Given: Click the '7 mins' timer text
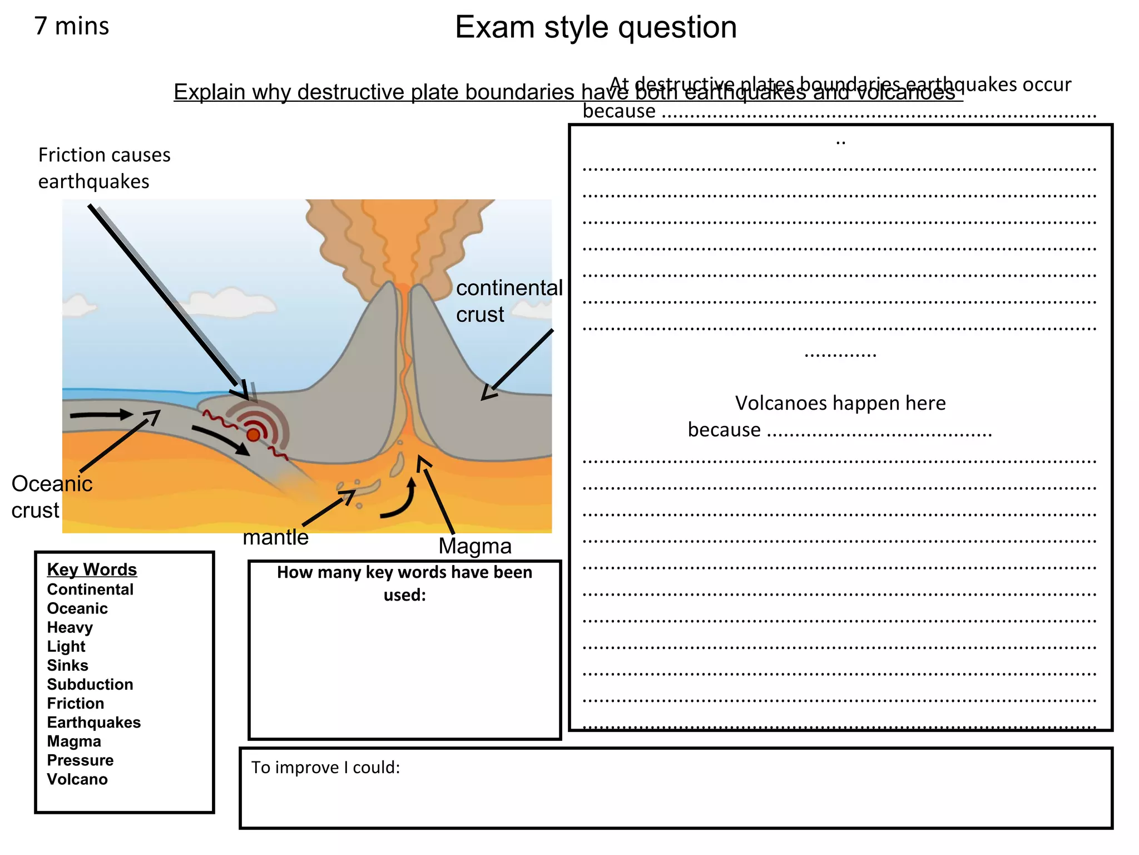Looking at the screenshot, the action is pyautogui.click(x=72, y=26).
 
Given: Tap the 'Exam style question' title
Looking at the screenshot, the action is pyautogui.click(x=596, y=27).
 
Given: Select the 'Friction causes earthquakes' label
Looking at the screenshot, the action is pyautogui.click(x=104, y=168).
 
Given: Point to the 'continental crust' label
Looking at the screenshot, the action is pyautogui.click(x=509, y=301).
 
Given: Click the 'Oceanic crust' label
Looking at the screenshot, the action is pyautogui.click(x=51, y=497).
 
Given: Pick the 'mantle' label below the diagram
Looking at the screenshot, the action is pyautogui.click(x=275, y=537).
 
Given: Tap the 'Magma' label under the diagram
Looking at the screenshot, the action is pyautogui.click(x=474, y=546).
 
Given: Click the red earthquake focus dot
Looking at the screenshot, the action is pyautogui.click(x=254, y=435).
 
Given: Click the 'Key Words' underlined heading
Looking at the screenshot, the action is pyautogui.click(x=92, y=569).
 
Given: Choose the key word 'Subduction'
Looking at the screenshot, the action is pyautogui.click(x=90, y=684).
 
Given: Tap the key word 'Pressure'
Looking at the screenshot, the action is pyautogui.click(x=80, y=760).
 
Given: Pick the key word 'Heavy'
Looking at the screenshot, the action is pyautogui.click(x=70, y=627).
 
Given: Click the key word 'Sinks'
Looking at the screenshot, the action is pyautogui.click(x=67, y=665).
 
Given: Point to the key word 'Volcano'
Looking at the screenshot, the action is pyautogui.click(x=77, y=779).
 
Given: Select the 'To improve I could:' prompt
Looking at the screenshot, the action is pyautogui.click(x=325, y=768).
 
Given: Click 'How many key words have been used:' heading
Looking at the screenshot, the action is pyautogui.click(x=404, y=583).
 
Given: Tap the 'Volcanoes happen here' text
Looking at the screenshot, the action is pyautogui.click(x=840, y=403).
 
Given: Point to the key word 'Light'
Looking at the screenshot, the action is pyautogui.click(x=66, y=646).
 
